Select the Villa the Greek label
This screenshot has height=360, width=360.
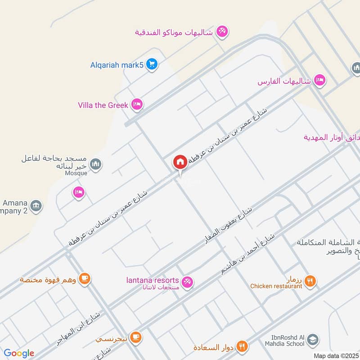[x=103, y=105]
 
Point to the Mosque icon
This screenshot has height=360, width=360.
[x=95, y=165]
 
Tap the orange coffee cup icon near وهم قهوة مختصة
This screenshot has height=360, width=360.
[x=84, y=279]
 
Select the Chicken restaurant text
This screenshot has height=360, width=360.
[x=276, y=286]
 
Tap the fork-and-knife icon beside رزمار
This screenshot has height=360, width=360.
[x=310, y=282]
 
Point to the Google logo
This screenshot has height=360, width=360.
[x=19, y=353]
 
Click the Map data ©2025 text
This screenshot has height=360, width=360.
[x=336, y=355]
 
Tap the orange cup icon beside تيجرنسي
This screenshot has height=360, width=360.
[x=136, y=336]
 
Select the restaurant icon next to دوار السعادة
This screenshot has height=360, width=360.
[x=242, y=346]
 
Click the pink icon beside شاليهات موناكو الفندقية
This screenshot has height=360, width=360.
[x=222, y=31]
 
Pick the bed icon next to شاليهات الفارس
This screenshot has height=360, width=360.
[x=320, y=81]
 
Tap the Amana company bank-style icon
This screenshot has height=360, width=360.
[x=37, y=207]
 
